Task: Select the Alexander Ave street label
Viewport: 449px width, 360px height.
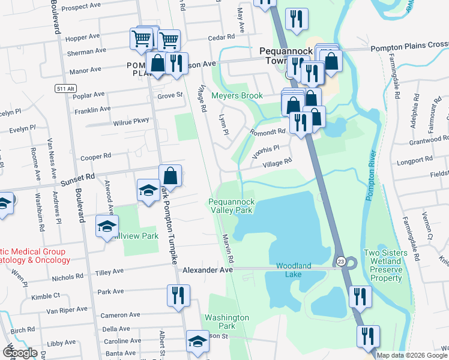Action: (208, 271)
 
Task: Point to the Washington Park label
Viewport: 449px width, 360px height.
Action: (227, 322)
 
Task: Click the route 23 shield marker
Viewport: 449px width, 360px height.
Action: (340, 261)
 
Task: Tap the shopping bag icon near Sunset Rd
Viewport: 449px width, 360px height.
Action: (170, 176)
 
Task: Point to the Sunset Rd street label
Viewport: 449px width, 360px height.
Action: (81, 178)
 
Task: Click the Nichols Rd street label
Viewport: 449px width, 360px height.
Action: (67, 277)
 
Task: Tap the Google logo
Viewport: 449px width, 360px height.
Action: (19, 353)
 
